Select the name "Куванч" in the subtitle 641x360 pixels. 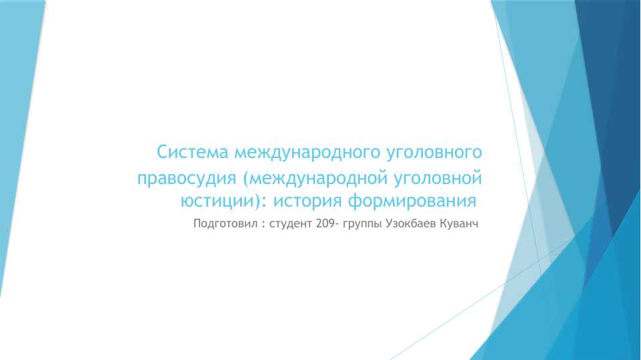[x=459, y=224]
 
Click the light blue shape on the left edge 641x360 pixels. [x=17, y=133]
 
